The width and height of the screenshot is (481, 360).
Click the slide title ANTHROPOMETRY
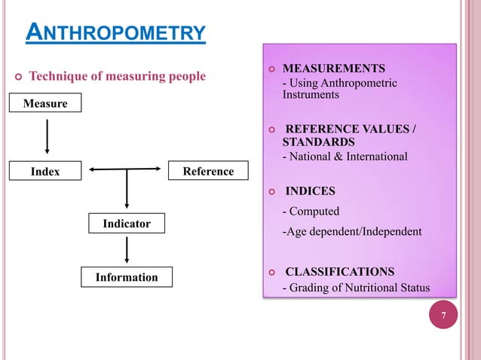(x=115, y=33)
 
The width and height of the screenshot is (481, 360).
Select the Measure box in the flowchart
(x=45, y=103)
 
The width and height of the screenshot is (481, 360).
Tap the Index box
(x=45, y=172)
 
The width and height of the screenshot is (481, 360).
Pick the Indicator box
(x=127, y=224)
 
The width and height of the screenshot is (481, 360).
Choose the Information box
(x=127, y=277)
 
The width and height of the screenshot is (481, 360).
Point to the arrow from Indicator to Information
(x=127, y=250)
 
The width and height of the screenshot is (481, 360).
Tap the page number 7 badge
(x=444, y=316)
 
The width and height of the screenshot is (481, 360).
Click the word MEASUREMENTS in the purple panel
(x=333, y=67)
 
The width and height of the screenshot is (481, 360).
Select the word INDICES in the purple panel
(x=310, y=191)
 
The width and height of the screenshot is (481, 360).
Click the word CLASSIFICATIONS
(x=339, y=271)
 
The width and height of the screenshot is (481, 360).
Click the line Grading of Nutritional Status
(x=355, y=287)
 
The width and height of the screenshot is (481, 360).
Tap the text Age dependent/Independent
(x=351, y=231)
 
